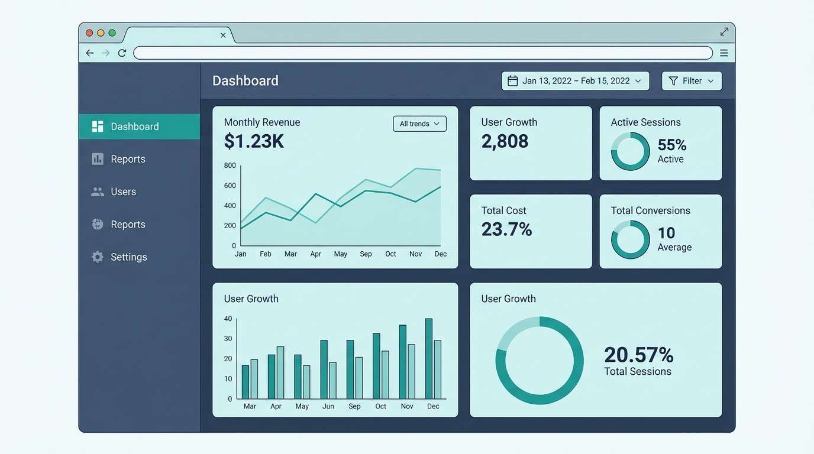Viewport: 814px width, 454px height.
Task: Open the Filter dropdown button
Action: pyautogui.click(x=692, y=81)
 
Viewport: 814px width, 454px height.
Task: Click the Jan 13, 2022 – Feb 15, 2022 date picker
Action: pyautogui.click(x=575, y=81)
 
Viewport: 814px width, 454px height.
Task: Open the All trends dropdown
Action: pyautogui.click(x=419, y=124)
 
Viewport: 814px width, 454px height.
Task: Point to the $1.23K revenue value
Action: pyautogui.click(x=254, y=141)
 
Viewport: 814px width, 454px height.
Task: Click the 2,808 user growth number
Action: pyautogui.click(x=505, y=141)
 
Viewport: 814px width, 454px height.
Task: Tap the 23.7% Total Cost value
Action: pyautogui.click(x=506, y=229)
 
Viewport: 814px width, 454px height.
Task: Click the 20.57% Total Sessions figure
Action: pyautogui.click(x=638, y=355)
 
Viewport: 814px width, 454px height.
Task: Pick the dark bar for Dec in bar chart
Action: pyautogui.click(x=429, y=359)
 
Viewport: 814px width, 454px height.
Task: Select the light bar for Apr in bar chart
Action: pyautogui.click(x=280, y=372)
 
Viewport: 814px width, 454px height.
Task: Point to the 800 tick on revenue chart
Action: pyautogui.click(x=230, y=166)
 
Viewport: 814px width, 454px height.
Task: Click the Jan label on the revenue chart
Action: pyautogui.click(x=240, y=254)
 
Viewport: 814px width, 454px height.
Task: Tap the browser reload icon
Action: pyautogui.click(x=122, y=53)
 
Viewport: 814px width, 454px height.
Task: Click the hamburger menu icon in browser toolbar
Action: pyautogui.click(x=724, y=53)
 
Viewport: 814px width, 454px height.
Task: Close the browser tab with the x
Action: pyautogui.click(x=223, y=35)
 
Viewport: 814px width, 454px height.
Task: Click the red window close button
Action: pyautogui.click(x=89, y=33)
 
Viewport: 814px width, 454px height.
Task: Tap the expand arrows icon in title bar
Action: pyautogui.click(x=724, y=32)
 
